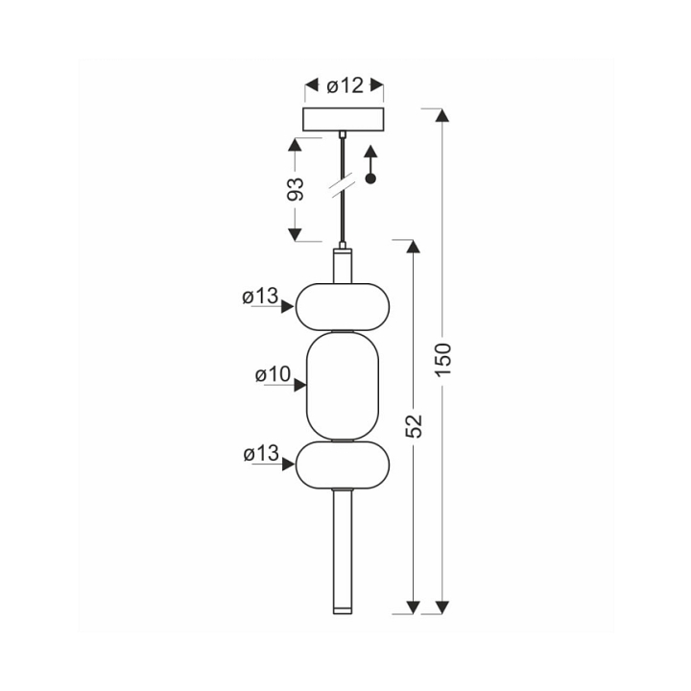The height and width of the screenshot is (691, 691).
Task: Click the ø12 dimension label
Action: [x=345, y=86]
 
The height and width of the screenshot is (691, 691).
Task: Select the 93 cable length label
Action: [x=296, y=189]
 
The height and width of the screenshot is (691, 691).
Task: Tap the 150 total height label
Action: [x=443, y=359]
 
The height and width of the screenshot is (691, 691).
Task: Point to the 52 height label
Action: [x=414, y=426]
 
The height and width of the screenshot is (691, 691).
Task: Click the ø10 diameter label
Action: [x=273, y=374]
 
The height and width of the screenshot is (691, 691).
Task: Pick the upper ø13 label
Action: [x=260, y=296]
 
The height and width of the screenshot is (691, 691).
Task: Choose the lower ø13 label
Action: [x=261, y=453]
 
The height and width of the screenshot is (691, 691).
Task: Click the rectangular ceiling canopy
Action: [x=343, y=119]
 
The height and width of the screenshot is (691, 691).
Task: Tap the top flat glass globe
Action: [x=343, y=307]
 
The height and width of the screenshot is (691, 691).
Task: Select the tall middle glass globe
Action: [x=343, y=386]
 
